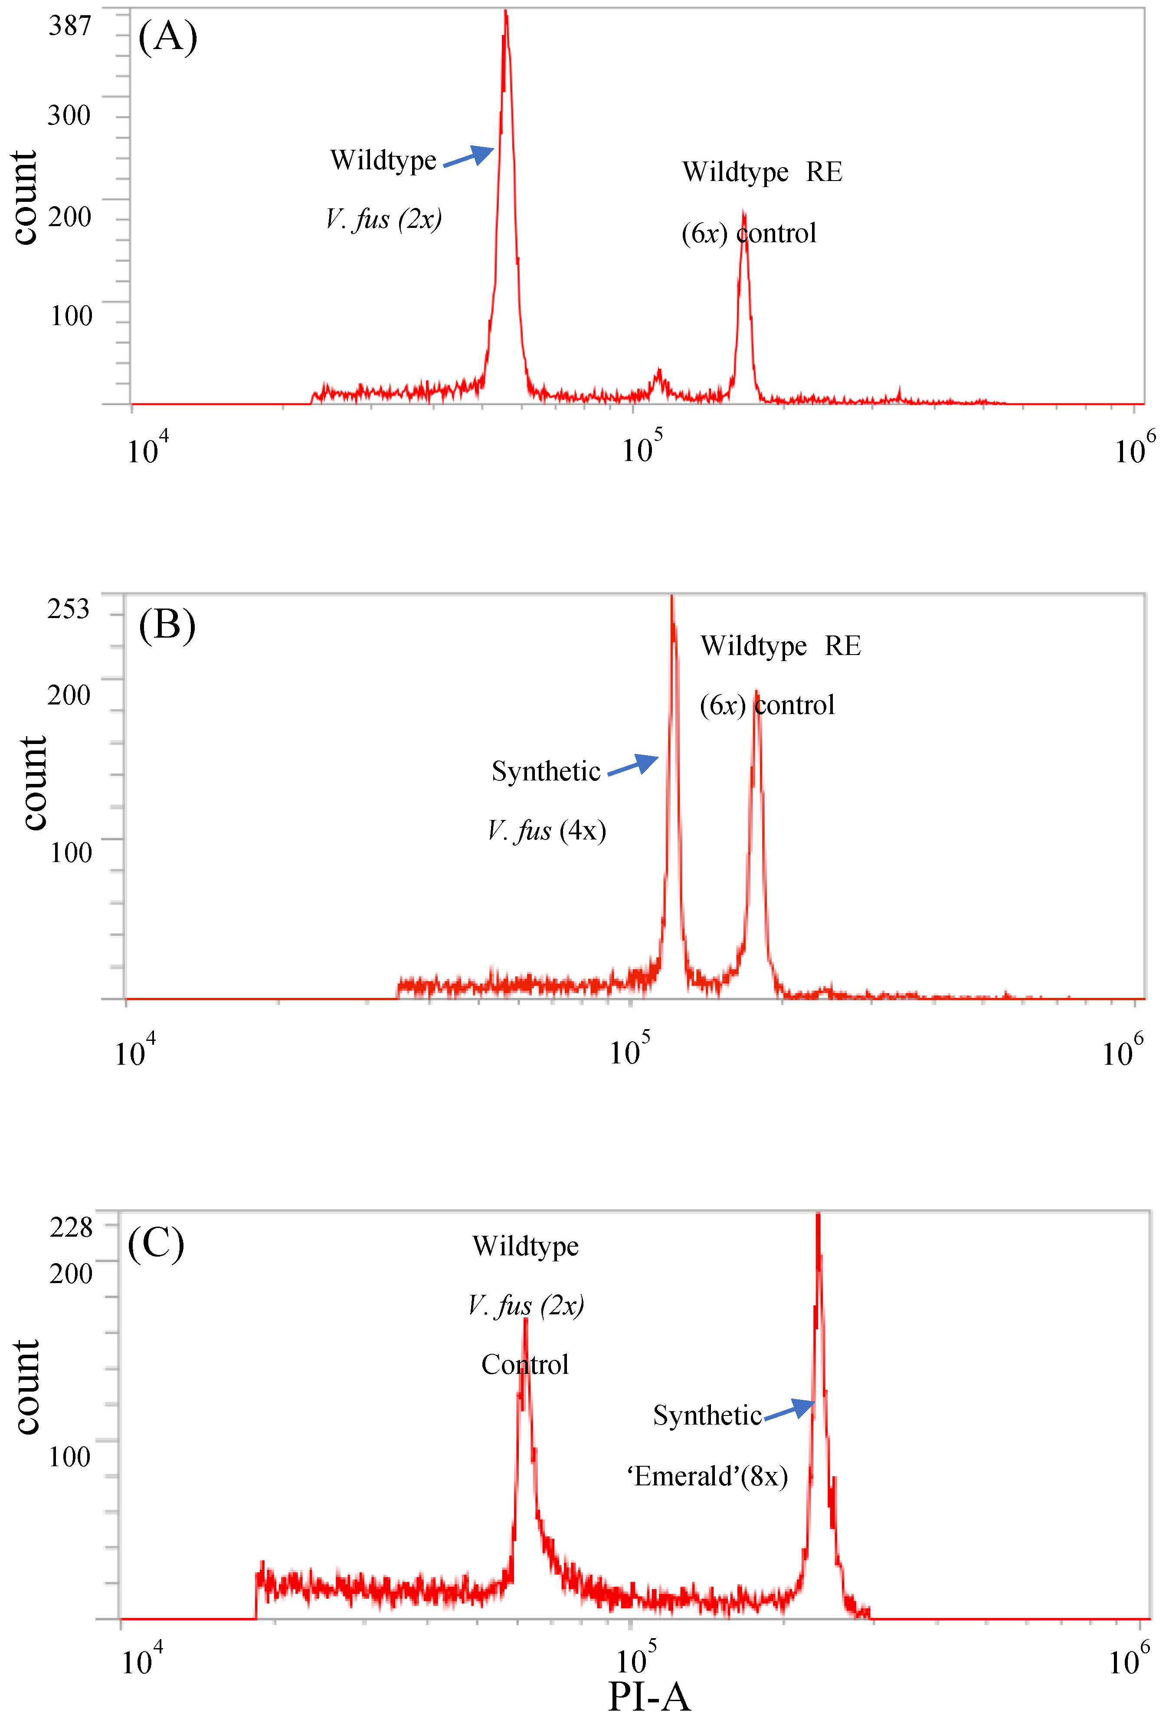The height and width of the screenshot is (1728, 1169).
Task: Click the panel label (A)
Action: (x=168, y=36)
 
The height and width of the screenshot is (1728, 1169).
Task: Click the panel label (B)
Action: (x=167, y=625)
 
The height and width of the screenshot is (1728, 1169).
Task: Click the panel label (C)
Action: (x=156, y=1242)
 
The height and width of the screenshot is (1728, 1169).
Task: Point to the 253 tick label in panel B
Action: (x=69, y=609)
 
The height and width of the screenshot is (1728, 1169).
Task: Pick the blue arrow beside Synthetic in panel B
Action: (x=633, y=765)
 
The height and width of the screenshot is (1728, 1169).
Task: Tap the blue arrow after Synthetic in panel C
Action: (x=789, y=1409)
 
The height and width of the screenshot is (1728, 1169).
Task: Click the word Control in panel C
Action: (x=525, y=1364)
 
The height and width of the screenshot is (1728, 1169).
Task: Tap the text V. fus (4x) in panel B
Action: (x=547, y=830)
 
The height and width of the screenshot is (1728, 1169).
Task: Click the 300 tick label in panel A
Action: (x=69, y=115)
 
